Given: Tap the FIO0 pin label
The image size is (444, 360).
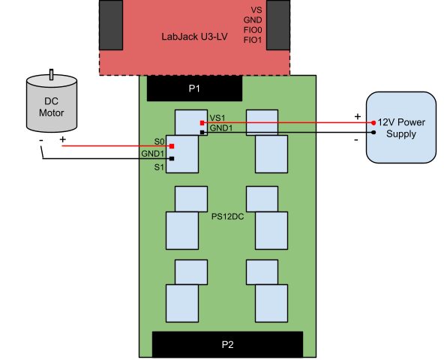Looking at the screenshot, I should pos(253,30).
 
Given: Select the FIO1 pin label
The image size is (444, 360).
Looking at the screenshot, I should pos(253,40).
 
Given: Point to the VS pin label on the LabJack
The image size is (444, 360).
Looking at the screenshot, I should pos(256,10).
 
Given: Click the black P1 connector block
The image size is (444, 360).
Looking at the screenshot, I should pos(194,89).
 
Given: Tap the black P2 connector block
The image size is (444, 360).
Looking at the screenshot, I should pos(227,344).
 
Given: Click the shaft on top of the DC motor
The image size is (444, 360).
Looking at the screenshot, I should pos(51,74).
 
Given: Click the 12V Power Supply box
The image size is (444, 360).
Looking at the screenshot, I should pos(400,127).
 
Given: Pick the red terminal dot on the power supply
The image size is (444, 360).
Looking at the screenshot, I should pos(373,122).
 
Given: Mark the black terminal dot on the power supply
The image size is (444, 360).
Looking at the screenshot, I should pos(373,133).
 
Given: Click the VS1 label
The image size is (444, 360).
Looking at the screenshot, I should pos(217,118).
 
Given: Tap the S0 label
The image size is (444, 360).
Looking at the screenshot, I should pos(158,141).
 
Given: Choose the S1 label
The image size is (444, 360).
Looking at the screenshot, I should pos(158,166).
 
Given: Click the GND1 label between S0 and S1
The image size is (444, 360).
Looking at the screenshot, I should pos(152,154).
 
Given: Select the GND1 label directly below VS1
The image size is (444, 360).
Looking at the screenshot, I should pos(220,128).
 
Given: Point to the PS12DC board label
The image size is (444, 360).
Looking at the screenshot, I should pos(227,217).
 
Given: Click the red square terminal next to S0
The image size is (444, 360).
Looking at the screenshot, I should pos(172,146).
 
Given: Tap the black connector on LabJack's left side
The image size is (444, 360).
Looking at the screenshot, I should pos(111,25).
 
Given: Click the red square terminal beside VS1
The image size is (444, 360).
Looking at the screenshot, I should pos(202,123).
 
